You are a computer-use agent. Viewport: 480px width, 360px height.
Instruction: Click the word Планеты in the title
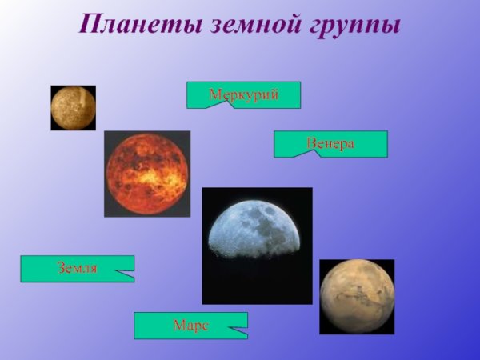(x=139, y=24)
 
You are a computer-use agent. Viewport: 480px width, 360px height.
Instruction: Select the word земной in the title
(x=255, y=24)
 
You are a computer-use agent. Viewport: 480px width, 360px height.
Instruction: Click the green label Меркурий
(x=243, y=94)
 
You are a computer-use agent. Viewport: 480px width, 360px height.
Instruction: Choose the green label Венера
(x=330, y=143)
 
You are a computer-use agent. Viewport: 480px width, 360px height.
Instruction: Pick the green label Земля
(x=77, y=268)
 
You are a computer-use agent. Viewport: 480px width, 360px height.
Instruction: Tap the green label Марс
(x=190, y=325)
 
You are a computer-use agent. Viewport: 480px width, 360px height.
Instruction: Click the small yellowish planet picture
(x=73, y=108)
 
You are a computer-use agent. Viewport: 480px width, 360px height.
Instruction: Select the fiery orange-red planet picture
(x=147, y=174)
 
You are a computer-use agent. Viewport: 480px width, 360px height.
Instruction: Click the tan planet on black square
(x=357, y=296)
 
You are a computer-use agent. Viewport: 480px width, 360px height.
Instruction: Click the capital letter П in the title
(x=90, y=24)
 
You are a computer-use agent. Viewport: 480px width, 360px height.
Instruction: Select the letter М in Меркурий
(x=214, y=95)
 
